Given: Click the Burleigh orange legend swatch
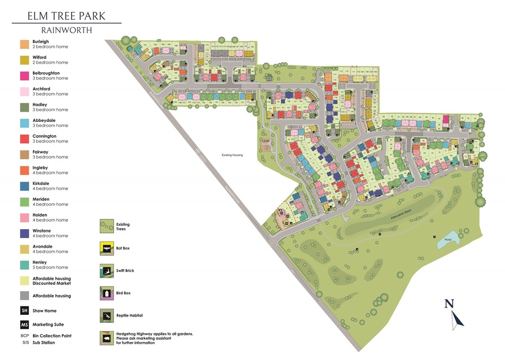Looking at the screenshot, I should point(24,44).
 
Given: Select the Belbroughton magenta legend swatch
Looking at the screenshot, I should point(24,76).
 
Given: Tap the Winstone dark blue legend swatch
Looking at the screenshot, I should point(24,233).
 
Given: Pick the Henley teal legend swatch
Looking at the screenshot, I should point(24,265).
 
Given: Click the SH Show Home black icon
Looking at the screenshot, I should point(24,311).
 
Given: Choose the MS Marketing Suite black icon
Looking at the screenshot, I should point(24,325).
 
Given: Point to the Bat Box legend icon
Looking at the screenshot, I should point(106,248).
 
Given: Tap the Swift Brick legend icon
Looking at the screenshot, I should point(106,270).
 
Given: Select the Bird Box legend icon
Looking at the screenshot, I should point(106,293).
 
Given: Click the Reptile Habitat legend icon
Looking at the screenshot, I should point(106,315).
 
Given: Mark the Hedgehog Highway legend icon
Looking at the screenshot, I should point(106,337).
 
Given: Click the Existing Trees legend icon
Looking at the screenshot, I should point(106,226).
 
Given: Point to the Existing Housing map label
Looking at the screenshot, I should point(231,154).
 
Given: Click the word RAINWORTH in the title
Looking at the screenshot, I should point(67,30).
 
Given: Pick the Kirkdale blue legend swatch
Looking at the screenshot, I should point(24,186).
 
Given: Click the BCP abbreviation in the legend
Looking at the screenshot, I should point(24,336).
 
